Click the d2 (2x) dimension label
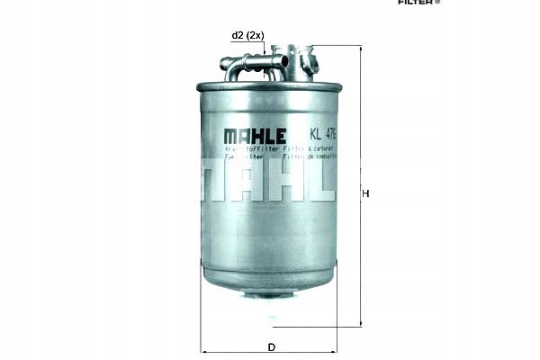(x=247, y=36)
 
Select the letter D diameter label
(x=271, y=346)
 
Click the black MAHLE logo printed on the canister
(x=255, y=136)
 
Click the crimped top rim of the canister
(x=268, y=85)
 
